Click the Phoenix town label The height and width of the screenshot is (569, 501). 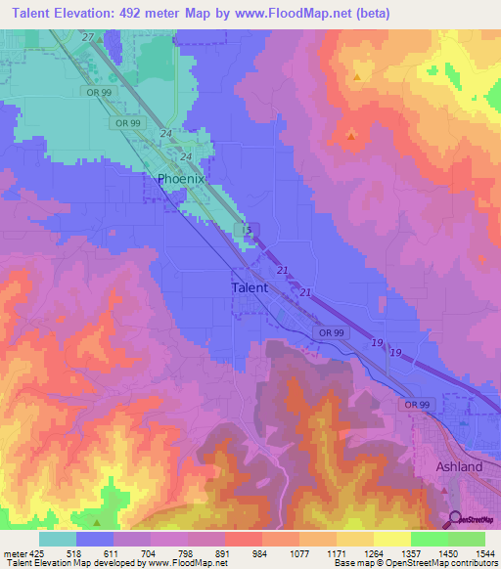click(181, 179)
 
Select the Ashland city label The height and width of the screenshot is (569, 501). click(459, 467)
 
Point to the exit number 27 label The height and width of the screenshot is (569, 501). click(88, 37)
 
